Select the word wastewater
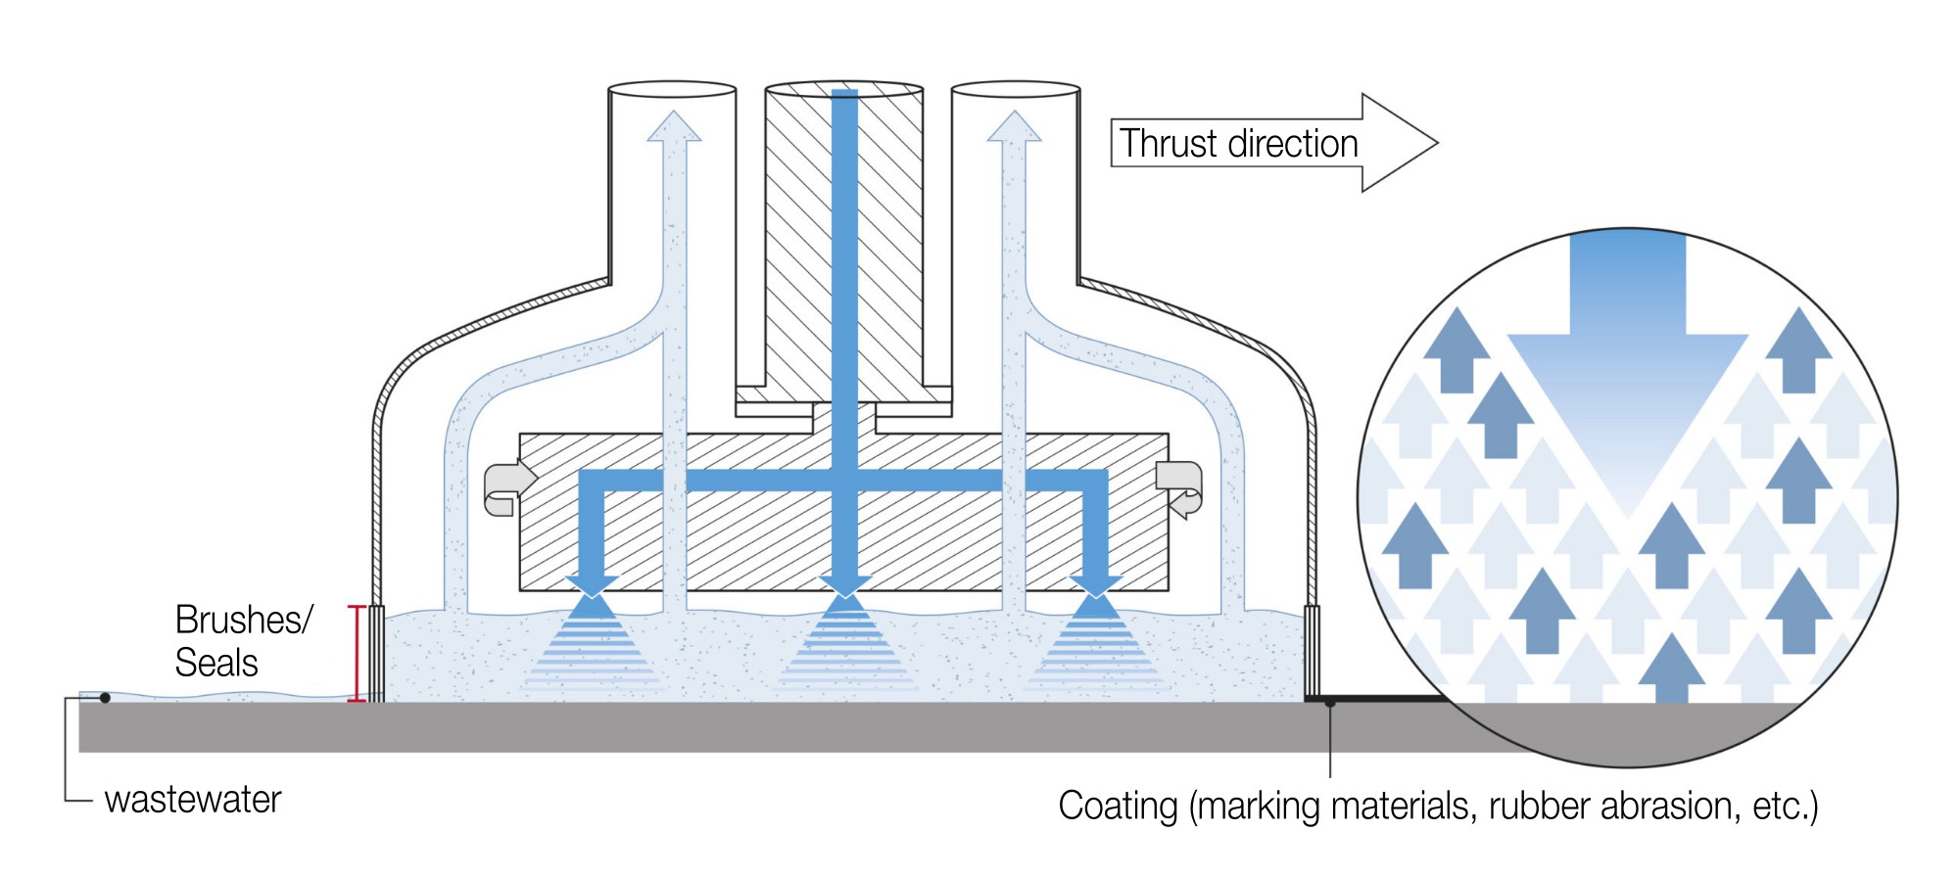point(193,800)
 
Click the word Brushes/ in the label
point(243,620)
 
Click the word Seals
point(216,663)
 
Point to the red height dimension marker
point(358,653)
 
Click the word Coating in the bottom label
point(1118,806)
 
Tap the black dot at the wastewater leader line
point(105,698)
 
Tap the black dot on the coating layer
point(1330,702)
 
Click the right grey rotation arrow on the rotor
point(1179,487)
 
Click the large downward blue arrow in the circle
point(1628,372)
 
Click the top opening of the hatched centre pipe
point(843,88)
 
